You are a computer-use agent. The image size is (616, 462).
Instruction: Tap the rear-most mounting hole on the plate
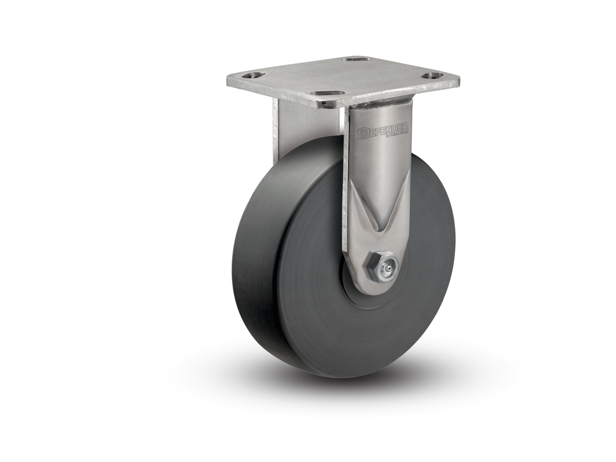pyautogui.click(x=353, y=61)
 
